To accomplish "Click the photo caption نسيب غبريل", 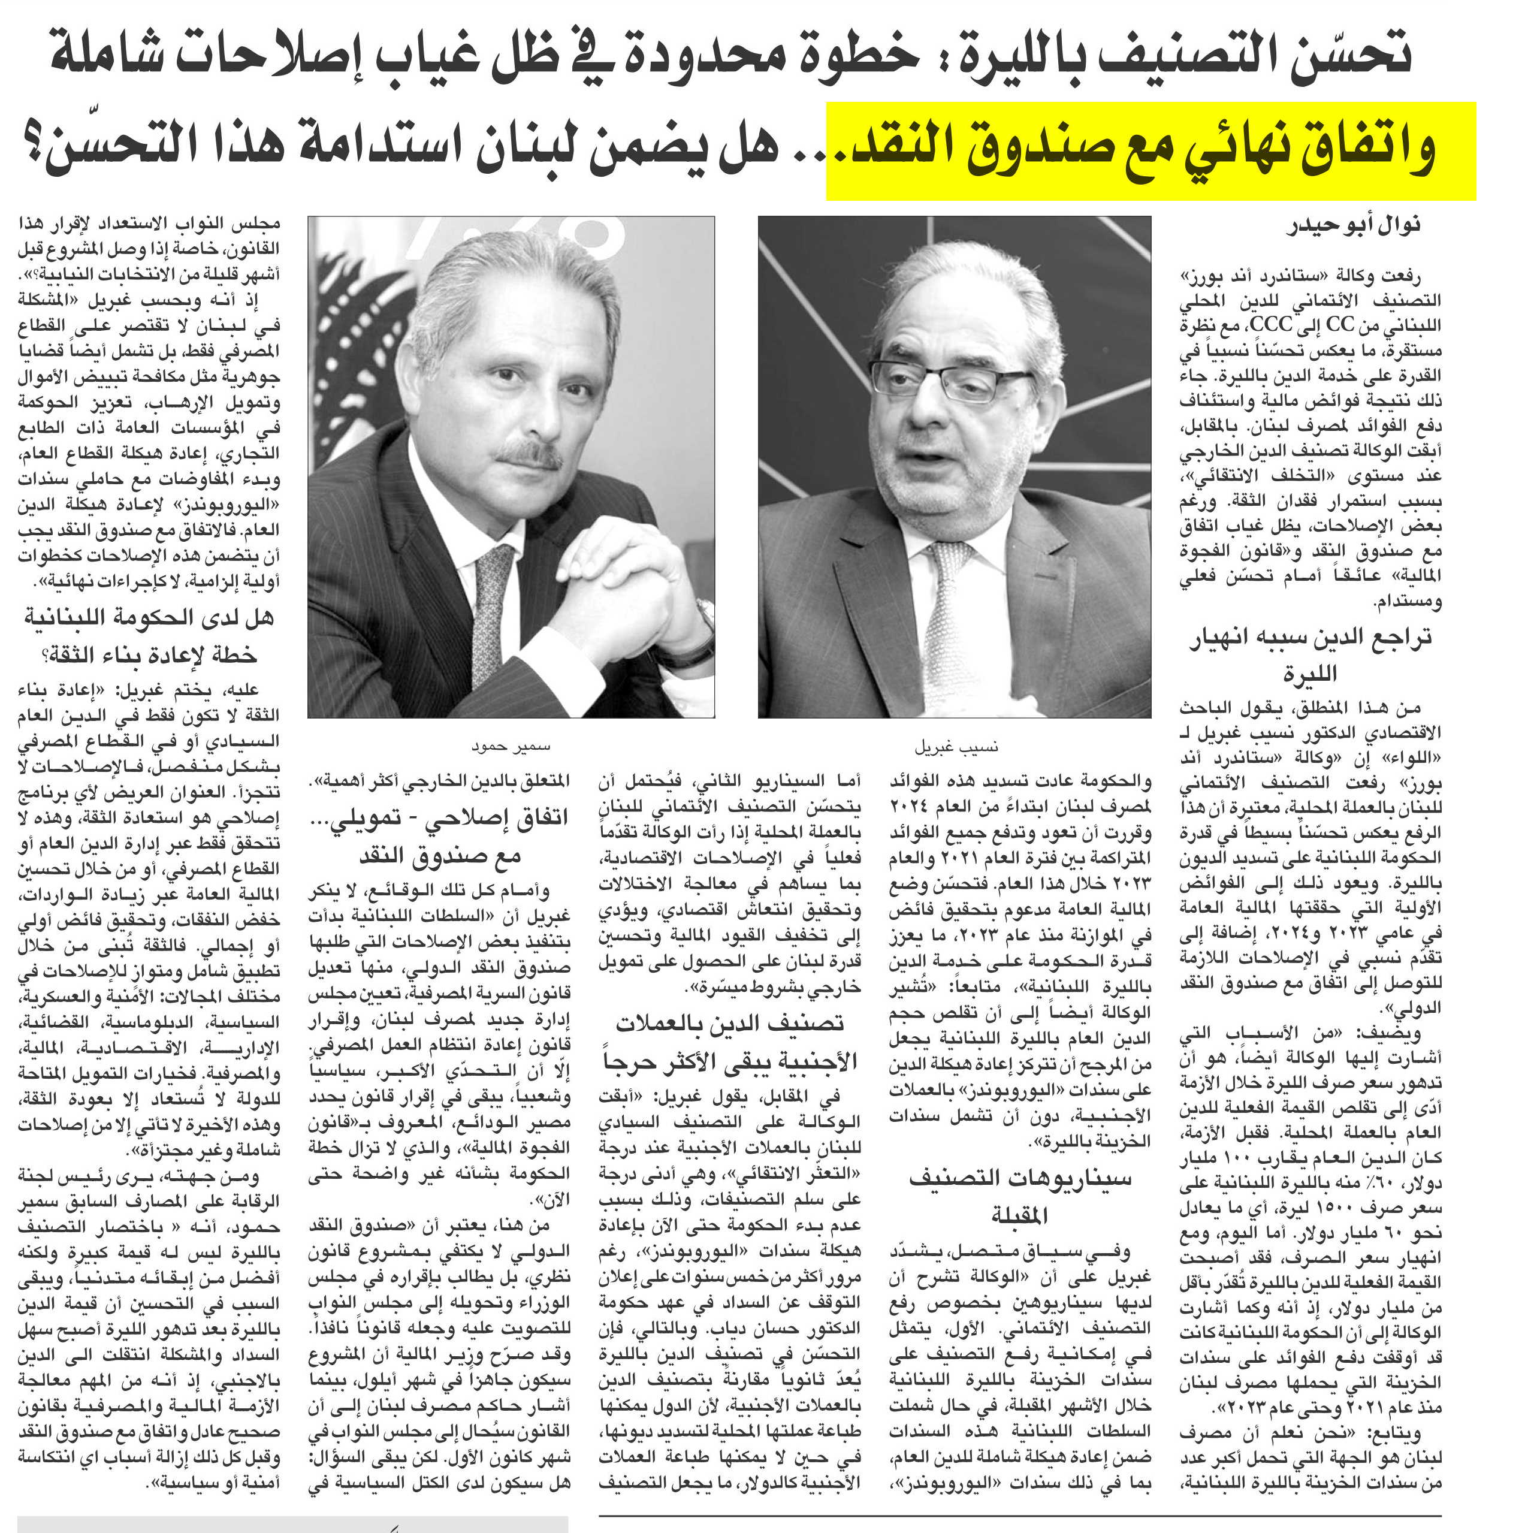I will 955,747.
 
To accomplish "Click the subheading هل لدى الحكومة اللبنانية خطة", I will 149,635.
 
